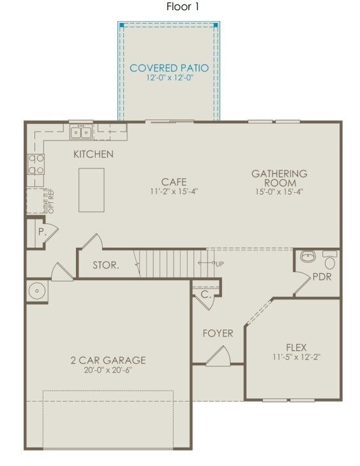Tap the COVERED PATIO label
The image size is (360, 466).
click(169, 68)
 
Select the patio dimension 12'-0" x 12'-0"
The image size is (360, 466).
click(169, 78)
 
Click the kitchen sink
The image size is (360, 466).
click(81, 132)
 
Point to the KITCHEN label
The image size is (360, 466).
click(93, 154)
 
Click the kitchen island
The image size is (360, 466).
click(91, 190)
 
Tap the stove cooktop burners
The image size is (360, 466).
click(35, 164)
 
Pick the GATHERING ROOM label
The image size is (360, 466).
click(279, 178)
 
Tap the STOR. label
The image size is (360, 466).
click(106, 265)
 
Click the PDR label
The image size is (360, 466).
click(322, 277)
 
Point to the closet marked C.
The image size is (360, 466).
click(206, 295)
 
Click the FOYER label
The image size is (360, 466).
click(218, 333)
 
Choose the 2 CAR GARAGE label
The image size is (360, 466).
click(108, 360)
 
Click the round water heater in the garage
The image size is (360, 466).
click(38, 291)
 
